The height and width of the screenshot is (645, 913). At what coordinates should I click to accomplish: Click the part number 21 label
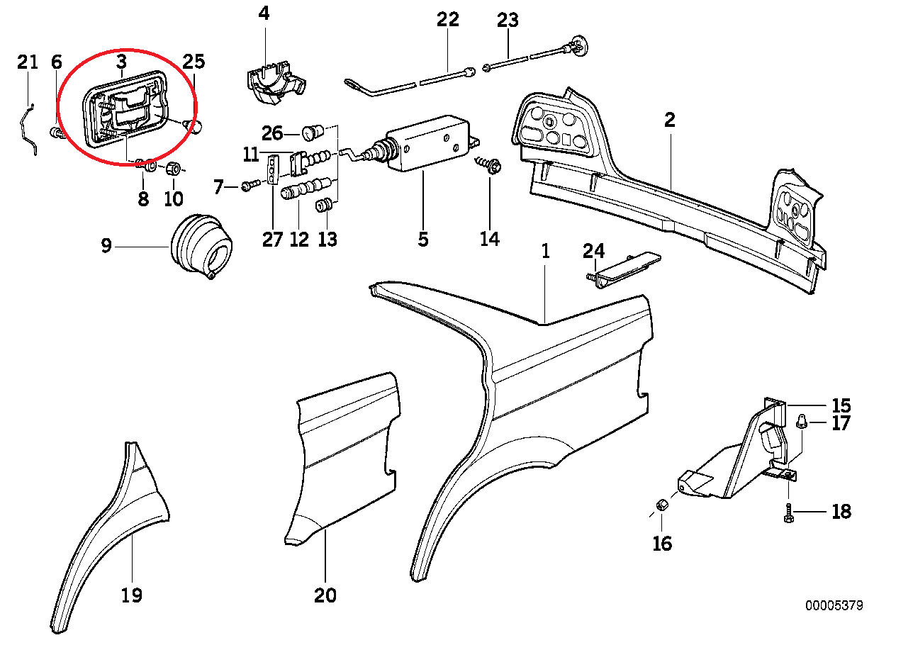(x=27, y=62)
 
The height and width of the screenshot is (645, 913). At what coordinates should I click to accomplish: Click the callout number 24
(x=593, y=251)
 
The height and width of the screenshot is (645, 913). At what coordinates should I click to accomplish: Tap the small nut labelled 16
(x=661, y=505)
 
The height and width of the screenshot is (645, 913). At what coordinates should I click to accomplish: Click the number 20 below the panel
(x=325, y=595)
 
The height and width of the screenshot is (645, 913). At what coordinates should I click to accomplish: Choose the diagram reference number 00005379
(x=834, y=606)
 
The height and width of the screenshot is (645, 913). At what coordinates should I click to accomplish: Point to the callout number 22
(x=448, y=20)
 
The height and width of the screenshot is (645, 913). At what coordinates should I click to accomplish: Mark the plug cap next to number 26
(x=313, y=132)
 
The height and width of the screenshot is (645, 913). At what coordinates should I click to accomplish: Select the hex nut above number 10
(x=172, y=169)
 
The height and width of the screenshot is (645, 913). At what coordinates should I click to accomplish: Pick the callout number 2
(x=670, y=120)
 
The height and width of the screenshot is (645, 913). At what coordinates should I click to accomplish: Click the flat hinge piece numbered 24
(x=628, y=270)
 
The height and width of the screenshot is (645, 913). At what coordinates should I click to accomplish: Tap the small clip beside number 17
(x=802, y=422)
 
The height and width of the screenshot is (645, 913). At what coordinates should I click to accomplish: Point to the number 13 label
(x=327, y=240)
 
